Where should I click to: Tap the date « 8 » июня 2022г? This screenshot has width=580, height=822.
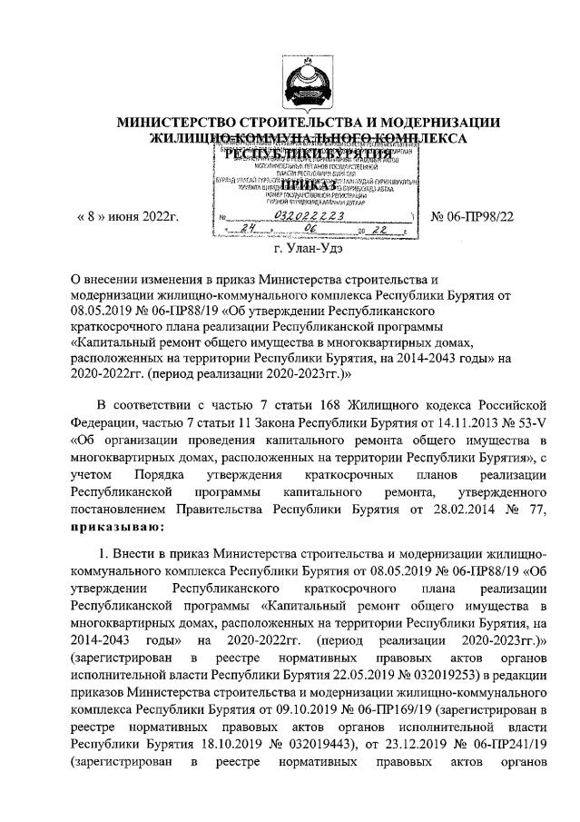pos(123,215)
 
